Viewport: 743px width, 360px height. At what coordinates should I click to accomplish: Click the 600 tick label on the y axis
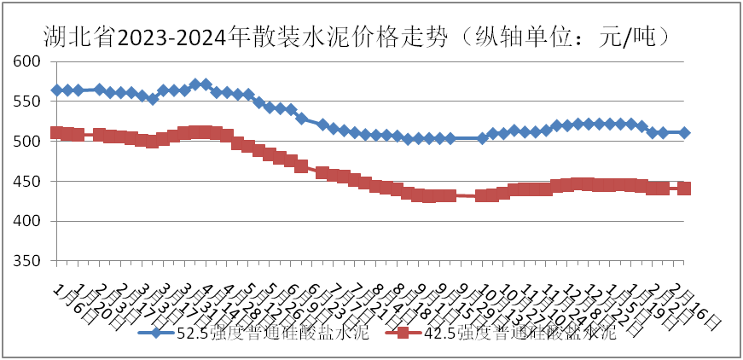(28, 61)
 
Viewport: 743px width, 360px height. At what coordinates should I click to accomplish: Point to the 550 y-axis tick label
(28, 102)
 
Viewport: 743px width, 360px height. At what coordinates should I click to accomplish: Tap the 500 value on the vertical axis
(28, 142)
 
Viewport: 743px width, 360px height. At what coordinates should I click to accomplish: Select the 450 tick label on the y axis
(28, 182)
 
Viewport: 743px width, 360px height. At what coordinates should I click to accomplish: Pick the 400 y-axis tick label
(28, 222)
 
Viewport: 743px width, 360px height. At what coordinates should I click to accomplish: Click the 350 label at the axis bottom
(28, 261)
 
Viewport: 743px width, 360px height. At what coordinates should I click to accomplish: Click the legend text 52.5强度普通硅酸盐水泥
(272, 333)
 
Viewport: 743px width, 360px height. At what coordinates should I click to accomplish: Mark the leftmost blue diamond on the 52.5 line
(57, 90)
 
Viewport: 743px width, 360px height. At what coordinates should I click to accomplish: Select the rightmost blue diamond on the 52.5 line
(684, 133)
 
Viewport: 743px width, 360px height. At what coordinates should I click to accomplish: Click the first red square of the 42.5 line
(57, 132)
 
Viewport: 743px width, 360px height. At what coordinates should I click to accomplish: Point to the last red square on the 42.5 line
(684, 189)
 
